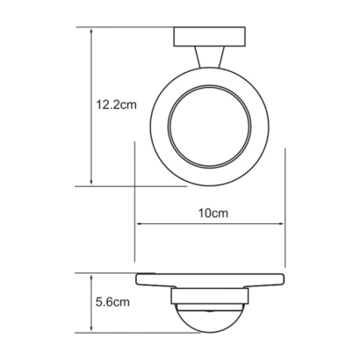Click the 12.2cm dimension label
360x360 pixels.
coord(114,105)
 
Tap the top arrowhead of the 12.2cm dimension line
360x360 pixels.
coord(93,30)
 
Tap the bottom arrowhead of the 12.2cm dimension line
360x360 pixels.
coord(93,182)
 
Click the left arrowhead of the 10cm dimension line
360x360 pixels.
coord(141,225)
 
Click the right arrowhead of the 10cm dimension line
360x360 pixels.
coord(281,225)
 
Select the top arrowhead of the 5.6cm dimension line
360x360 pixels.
coord(93,276)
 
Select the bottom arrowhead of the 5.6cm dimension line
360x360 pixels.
coord(93,330)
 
